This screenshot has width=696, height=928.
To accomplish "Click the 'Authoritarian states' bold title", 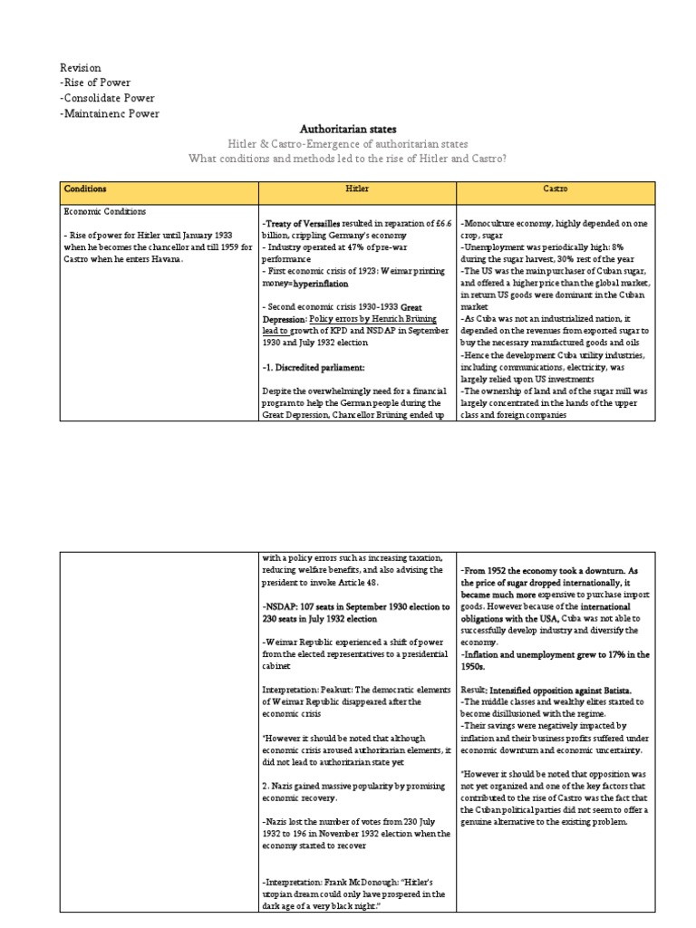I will [x=347, y=130].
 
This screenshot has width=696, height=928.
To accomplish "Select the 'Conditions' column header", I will [x=84, y=189].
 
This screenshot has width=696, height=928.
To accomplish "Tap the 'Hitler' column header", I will [x=357, y=189].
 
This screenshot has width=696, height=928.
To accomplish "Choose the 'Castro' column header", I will [x=555, y=189].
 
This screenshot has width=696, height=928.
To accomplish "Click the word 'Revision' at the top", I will [x=81, y=68].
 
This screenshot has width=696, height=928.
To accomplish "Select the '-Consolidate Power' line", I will [x=107, y=99].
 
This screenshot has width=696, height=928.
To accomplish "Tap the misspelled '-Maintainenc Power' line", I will [x=109, y=114].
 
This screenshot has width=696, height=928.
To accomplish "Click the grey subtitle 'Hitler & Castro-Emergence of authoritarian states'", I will [x=347, y=144].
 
